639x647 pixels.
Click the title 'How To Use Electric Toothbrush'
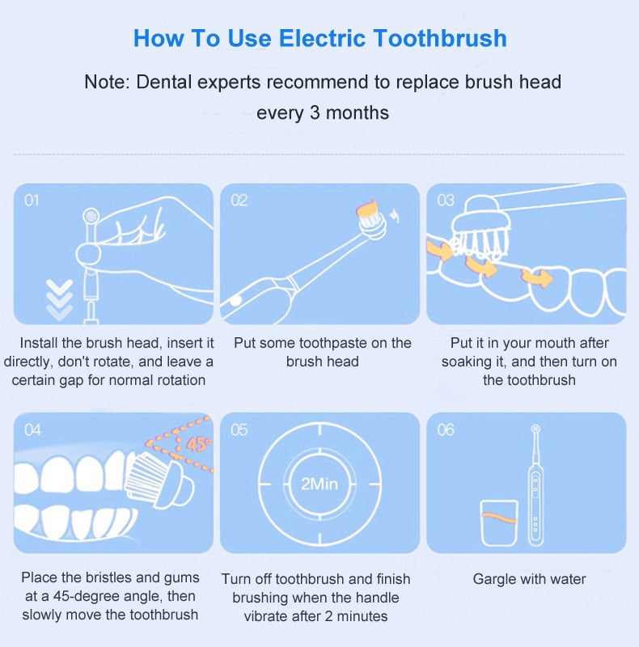[319, 38]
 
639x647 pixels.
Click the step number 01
[32, 200]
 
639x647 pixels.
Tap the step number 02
[239, 201]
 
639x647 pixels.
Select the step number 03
[446, 201]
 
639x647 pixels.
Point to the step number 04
[32, 430]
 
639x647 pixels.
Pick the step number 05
[239, 430]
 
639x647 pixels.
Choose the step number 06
[446, 430]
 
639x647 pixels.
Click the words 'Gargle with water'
[529, 579]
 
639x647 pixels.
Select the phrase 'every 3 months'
[322, 112]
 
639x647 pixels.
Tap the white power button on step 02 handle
[235, 300]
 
